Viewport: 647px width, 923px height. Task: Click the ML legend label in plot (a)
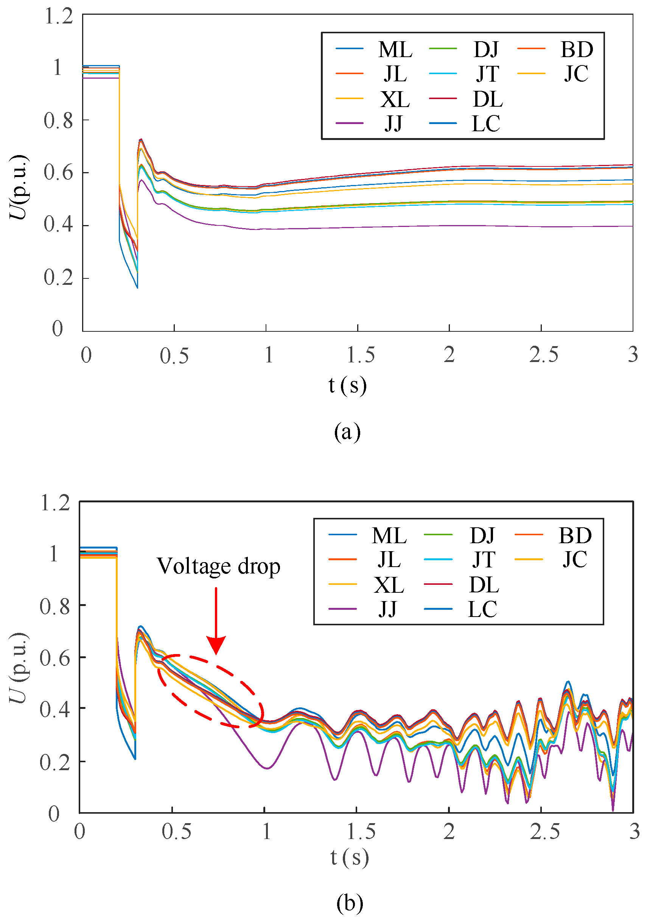point(395,50)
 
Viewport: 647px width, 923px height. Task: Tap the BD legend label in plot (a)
point(577,50)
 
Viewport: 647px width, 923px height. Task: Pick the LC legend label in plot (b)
point(482,609)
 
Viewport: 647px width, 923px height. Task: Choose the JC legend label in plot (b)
point(575,559)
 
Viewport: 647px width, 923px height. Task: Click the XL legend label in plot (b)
point(389,585)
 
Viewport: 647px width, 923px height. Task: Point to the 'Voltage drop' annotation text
point(218,566)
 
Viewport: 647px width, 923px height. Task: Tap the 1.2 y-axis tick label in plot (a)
point(59,17)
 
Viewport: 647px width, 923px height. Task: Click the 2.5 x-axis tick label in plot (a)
point(543,355)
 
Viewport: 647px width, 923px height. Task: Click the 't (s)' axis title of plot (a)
point(347,385)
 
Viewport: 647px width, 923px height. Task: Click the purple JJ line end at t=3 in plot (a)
point(631,226)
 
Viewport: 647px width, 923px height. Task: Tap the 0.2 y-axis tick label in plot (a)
point(59,278)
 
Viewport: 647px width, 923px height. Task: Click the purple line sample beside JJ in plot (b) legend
point(342,609)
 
